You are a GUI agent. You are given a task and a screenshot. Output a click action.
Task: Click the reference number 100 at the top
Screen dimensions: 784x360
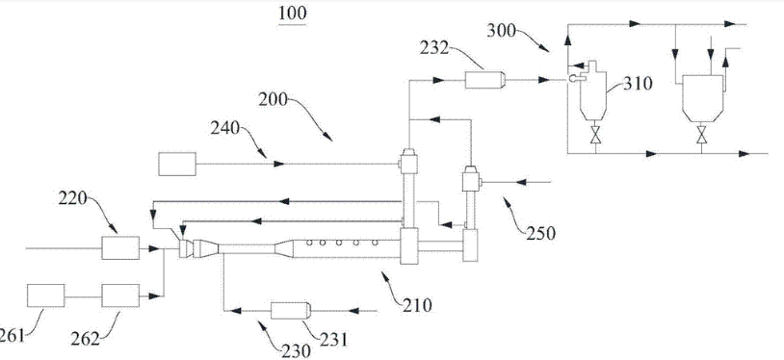pyautogui.click(x=293, y=13)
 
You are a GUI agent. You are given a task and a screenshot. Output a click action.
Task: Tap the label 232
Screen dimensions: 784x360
pyautogui.click(x=434, y=50)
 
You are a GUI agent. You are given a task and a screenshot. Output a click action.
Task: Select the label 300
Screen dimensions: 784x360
pyautogui.click(x=501, y=32)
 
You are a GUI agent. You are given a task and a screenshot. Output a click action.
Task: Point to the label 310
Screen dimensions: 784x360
pyautogui.click(x=639, y=84)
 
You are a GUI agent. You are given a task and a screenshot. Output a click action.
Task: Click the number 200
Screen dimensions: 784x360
pyautogui.click(x=273, y=100)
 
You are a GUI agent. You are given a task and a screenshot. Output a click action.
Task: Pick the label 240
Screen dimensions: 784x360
pyautogui.click(x=225, y=130)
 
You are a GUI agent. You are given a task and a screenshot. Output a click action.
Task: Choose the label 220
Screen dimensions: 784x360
pyautogui.click(x=72, y=200)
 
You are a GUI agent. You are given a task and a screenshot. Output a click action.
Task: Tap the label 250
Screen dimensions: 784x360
pyautogui.click(x=540, y=234)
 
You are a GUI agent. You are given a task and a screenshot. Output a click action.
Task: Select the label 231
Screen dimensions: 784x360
pyautogui.click(x=333, y=340)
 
